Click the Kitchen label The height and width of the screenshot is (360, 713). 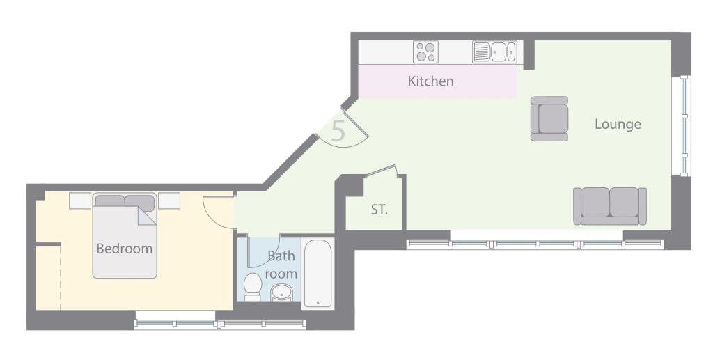430,81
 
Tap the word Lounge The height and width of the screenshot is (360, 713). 618,125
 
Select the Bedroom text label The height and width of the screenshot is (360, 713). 124,249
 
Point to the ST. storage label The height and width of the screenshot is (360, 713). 379,209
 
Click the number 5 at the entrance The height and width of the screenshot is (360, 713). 338,131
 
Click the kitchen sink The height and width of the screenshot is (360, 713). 494,52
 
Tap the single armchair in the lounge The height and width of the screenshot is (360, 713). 549,118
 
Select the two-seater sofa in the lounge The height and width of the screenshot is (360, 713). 610,206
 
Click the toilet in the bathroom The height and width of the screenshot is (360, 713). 253,287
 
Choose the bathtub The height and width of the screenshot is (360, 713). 318,274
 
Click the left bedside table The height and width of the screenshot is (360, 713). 80,201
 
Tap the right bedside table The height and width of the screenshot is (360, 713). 169,201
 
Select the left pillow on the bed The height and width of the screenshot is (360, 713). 109,201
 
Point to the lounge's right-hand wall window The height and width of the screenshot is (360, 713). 684,125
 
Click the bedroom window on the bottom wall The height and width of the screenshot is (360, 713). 220,322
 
